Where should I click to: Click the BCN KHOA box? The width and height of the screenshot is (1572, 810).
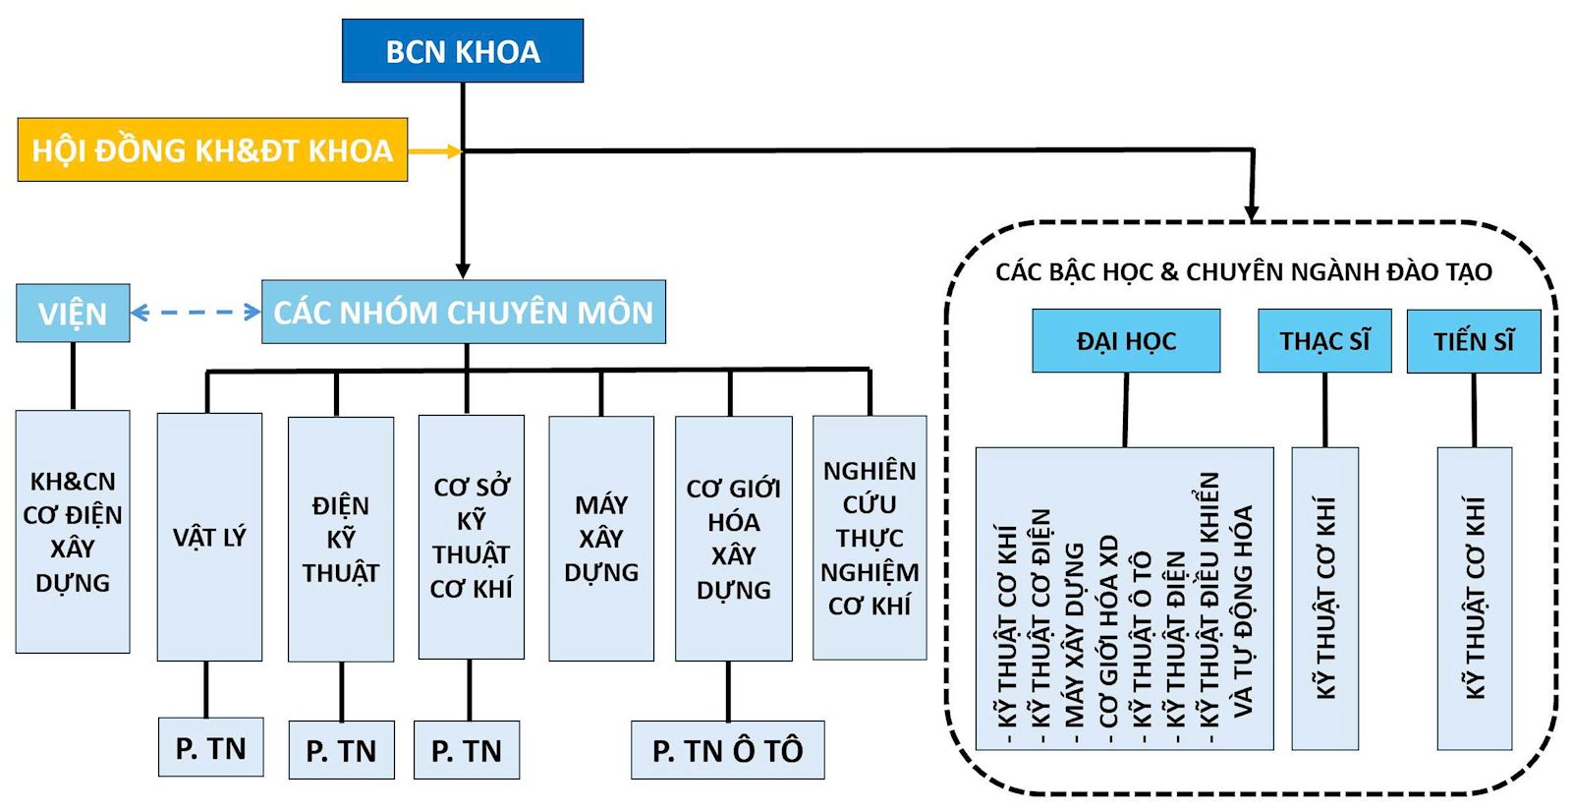[x=462, y=51]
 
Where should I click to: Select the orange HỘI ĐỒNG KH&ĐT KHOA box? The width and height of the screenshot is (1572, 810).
[x=212, y=149]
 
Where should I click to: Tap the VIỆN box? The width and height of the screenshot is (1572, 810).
[x=73, y=314]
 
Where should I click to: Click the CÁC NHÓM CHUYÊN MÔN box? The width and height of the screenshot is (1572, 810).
[x=463, y=313]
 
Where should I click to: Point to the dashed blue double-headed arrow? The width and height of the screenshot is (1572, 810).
[x=196, y=313]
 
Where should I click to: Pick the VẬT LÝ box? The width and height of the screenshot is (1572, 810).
[x=209, y=537]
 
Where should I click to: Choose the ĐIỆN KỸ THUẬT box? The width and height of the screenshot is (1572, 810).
[x=341, y=539]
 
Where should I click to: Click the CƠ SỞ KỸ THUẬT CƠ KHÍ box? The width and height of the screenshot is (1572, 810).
[x=471, y=538]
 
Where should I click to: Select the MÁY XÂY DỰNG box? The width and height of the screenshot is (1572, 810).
[x=601, y=538]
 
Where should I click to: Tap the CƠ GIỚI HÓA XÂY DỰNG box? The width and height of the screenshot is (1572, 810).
[x=733, y=539]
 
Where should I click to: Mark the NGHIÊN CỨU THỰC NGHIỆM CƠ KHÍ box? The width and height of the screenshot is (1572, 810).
[x=870, y=537]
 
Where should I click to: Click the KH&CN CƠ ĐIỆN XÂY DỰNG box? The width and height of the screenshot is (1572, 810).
[x=73, y=532]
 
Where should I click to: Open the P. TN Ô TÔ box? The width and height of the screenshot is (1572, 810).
[x=727, y=750]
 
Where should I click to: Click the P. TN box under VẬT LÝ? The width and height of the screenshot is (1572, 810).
[x=210, y=748]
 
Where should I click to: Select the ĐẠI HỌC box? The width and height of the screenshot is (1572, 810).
[x=1126, y=341]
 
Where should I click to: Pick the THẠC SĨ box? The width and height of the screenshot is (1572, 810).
[x=1324, y=341]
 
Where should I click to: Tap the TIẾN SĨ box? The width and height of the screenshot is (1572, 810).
[x=1473, y=341]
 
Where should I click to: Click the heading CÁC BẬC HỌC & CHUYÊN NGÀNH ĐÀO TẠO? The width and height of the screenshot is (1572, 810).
[x=1243, y=272]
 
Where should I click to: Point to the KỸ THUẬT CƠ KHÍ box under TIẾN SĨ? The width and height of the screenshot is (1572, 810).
[x=1474, y=598]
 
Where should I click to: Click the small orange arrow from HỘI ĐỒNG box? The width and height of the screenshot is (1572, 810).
[x=434, y=151]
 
